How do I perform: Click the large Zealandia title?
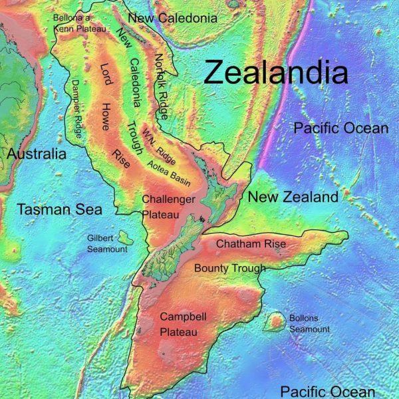coord(276,72)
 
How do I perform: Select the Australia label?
coord(37,154)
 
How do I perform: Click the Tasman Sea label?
coord(60,210)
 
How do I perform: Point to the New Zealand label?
coord(293,197)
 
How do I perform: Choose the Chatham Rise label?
coord(251,244)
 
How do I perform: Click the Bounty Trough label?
coord(229,268)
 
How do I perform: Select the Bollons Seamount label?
coord(309,324)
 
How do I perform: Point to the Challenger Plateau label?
coord(168,206)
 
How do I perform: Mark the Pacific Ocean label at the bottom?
coord(327,392)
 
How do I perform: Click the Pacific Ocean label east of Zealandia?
coord(340,128)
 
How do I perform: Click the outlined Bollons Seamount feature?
coord(273,323)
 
